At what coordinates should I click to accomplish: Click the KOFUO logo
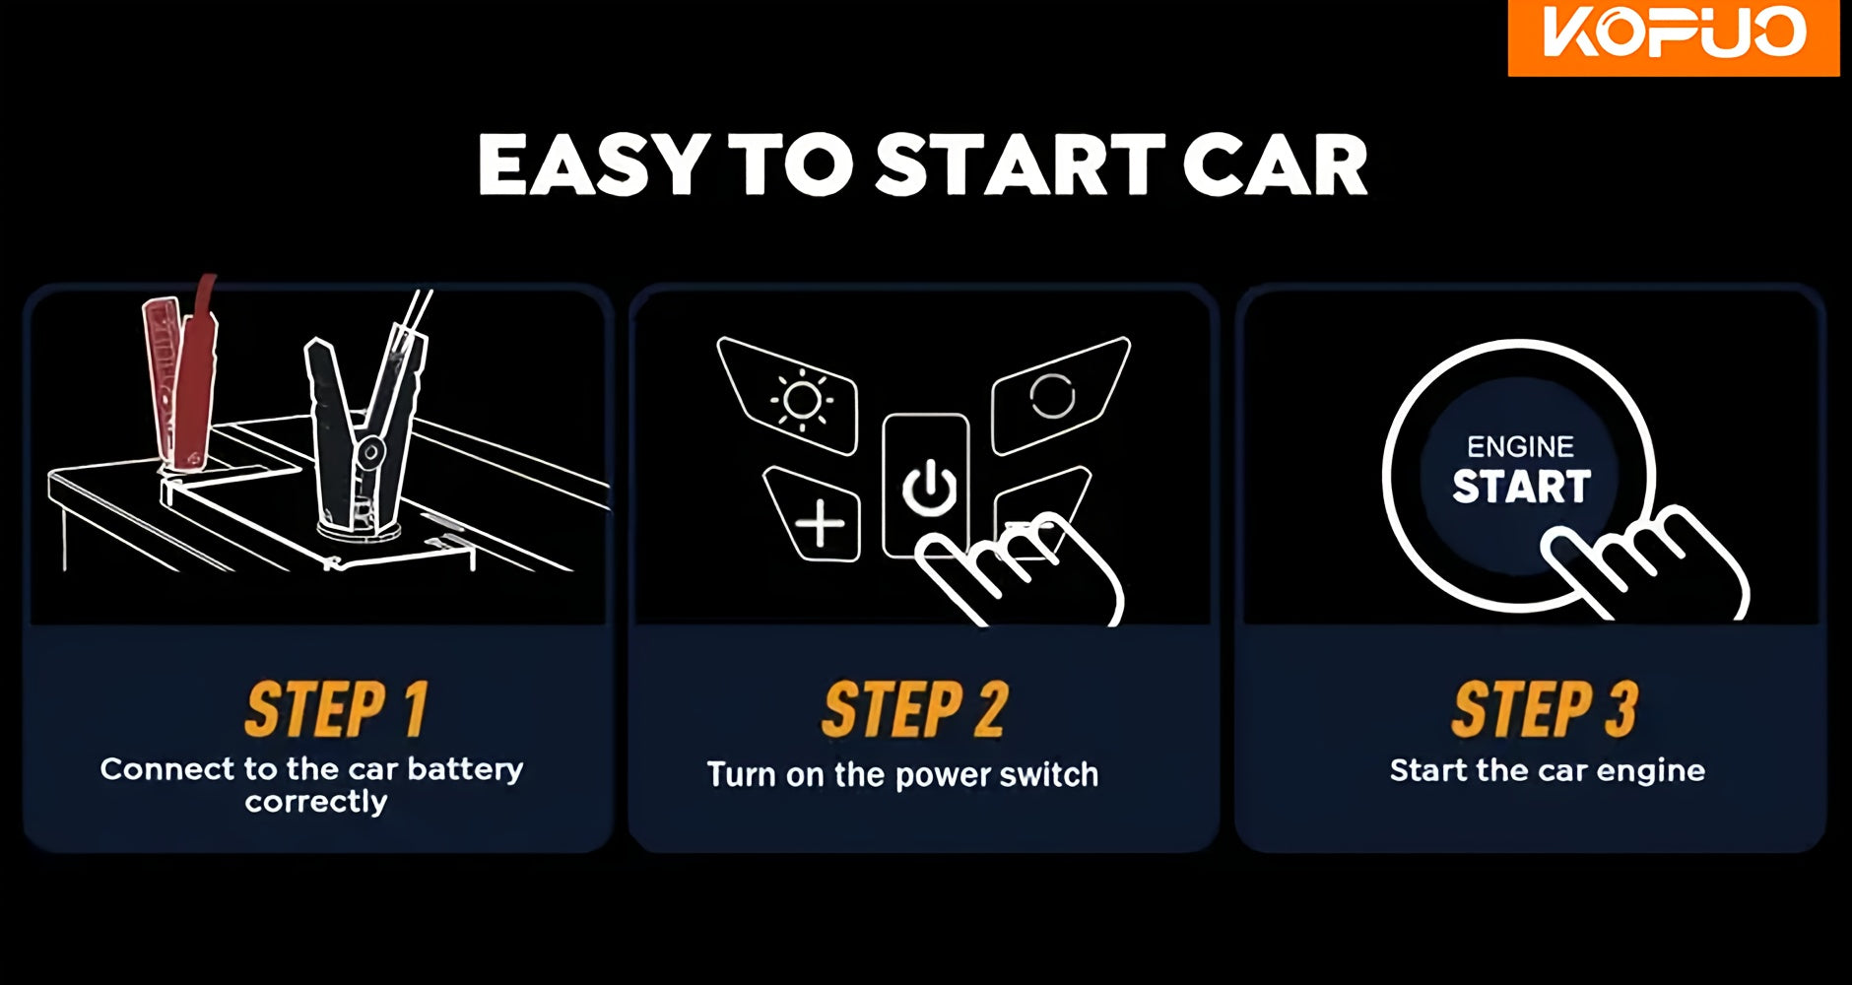pos(1673,36)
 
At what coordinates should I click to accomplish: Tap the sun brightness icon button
pos(793,396)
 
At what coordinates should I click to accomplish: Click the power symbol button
pos(926,487)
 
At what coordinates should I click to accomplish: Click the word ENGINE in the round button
pos(1520,447)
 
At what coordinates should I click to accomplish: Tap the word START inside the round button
pos(1521,487)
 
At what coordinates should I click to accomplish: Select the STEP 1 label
pos(336,709)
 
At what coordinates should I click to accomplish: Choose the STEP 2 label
pos(915,709)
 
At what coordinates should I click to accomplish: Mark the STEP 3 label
pos(1544,709)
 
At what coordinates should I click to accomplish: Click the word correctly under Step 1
pos(316,802)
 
